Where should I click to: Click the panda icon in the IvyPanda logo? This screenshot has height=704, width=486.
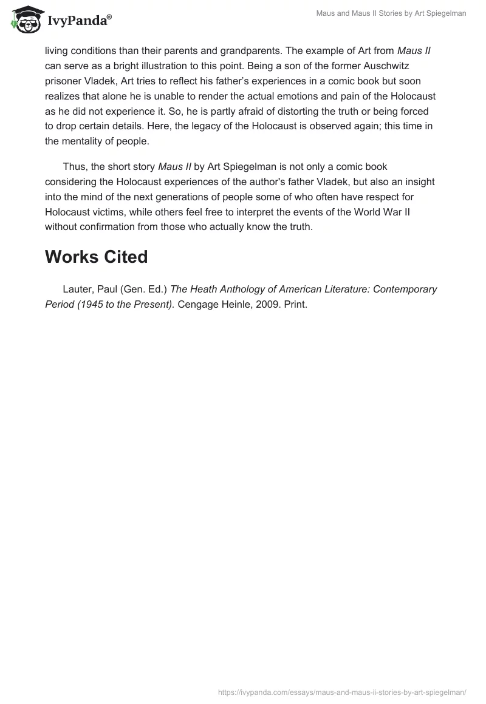pos(24,19)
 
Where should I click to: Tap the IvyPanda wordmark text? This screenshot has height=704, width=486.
pos(79,21)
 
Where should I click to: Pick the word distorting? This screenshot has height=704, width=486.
pos(270,111)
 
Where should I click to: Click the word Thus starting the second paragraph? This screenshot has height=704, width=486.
pos(74,166)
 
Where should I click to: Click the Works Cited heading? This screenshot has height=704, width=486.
pos(96,257)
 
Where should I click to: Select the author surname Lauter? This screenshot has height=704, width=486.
pos(77,289)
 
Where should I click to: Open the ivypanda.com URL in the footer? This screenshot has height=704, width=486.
pos(341,692)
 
